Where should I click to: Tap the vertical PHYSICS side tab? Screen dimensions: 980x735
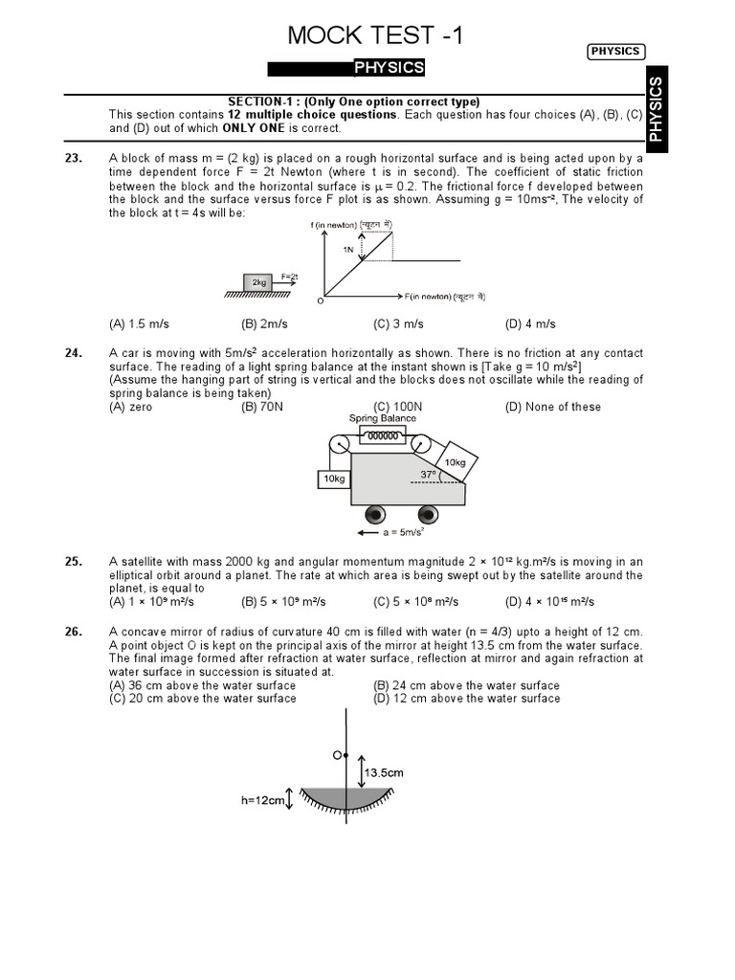[656, 110]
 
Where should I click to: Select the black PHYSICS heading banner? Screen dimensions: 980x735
[345, 68]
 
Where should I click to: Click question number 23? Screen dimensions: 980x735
[74, 159]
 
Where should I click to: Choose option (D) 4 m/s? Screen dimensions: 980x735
[530, 324]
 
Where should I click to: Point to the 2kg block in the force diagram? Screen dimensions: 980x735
[258, 283]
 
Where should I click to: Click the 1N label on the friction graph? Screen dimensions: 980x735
[350, 248]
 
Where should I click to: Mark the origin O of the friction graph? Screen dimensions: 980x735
[321, 301]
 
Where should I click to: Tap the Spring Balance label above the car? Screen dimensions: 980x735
[383, 418]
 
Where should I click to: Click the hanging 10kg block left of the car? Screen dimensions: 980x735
[333, 479]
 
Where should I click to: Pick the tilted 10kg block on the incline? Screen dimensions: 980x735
[455, 462]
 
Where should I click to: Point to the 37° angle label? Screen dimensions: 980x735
[428, 474]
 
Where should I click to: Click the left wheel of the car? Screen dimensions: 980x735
[374, 511]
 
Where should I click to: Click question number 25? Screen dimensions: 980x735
[74, 562]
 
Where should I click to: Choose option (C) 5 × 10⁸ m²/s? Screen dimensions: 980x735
[416, 602]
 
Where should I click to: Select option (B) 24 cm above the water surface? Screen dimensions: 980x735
[466, 685]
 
